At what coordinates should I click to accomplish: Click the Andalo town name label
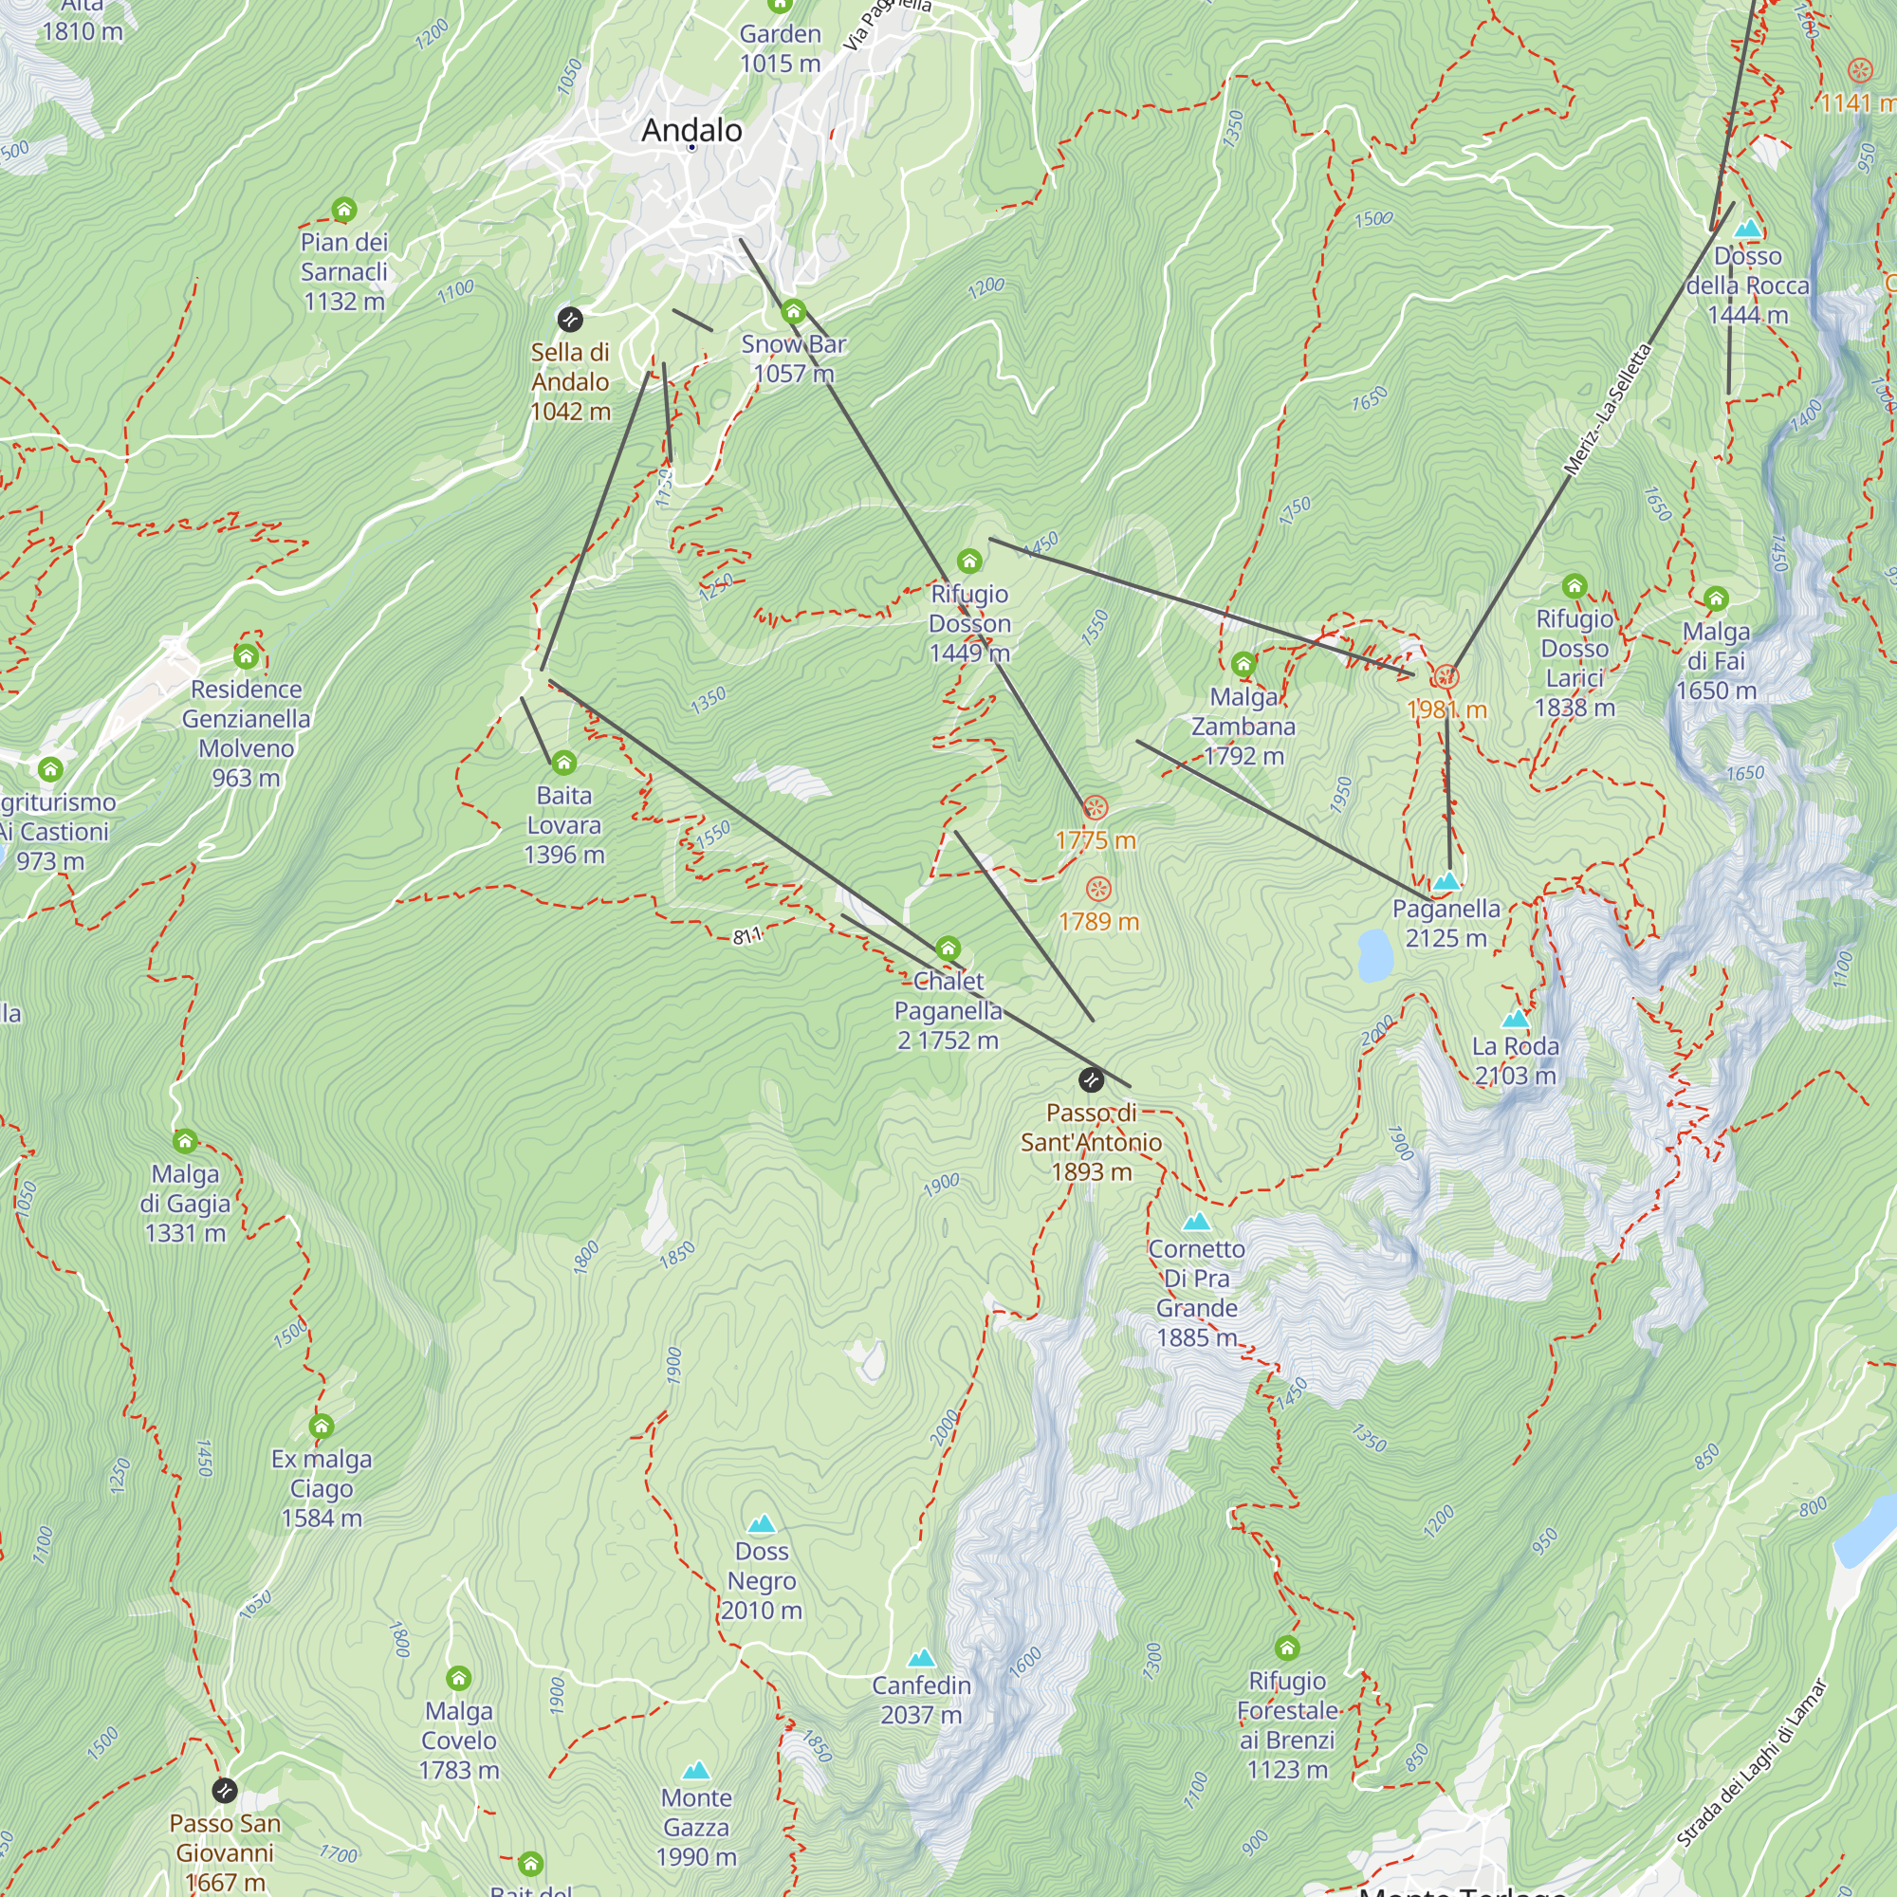coord(691,131)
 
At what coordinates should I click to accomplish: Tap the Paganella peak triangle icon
coord(1446,881)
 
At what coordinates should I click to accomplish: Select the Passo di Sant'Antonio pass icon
coord(1091,1080)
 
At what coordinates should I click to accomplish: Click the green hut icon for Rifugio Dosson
coord(969,561)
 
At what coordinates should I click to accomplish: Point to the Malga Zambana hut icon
coord(1243,664)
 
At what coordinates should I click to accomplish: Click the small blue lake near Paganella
coord(1374,955)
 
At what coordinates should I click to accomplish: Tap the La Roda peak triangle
coord(1516,1018)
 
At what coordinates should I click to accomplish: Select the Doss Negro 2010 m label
coord(762,1581)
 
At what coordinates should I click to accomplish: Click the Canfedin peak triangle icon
coord(921,1658)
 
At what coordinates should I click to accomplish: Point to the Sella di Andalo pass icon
coord(569,319)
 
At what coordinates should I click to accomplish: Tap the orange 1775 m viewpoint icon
coord(1095,808)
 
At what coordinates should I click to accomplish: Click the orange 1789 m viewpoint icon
coord(1098,890)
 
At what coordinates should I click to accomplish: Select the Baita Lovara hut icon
coord(563,763)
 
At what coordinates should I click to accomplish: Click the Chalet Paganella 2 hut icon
coord(948,948)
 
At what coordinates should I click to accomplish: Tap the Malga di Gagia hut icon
coord(185,1141)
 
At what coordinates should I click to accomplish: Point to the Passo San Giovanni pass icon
coord(225,1790)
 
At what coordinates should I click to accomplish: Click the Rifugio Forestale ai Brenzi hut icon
coord(1286,1648)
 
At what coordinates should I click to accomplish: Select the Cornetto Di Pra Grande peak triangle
coord(1196,1223)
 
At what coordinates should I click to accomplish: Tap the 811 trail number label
coord(746,936)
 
